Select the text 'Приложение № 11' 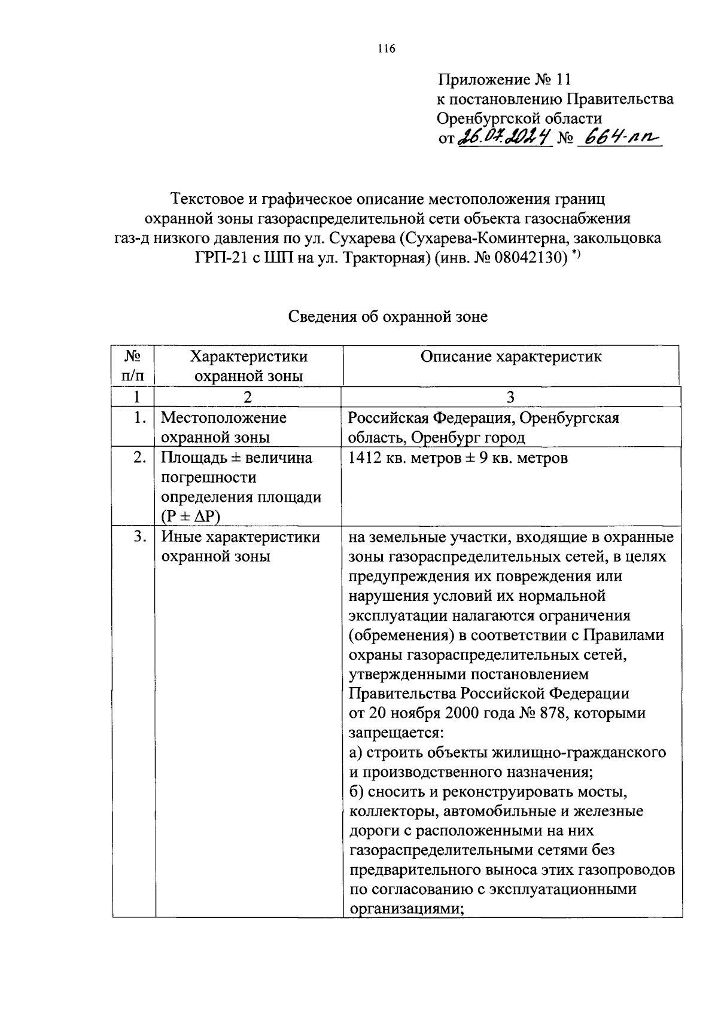(505, 80)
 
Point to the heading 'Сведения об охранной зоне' (388, 316)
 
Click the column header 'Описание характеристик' (511, 357)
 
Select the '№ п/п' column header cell (133, 366)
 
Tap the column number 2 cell (248, 397)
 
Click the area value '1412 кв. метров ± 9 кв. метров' (458, 458)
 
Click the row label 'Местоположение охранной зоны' (224, 427)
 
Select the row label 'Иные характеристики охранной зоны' (241, 546)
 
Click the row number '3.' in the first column (140, 536)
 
